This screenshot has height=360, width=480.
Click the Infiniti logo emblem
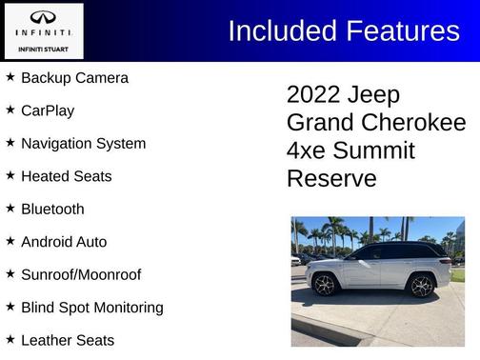click(x=44, y=18)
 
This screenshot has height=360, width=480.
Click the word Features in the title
click(x=400, y=31)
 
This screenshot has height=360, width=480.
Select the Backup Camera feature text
click(x=74, y=78)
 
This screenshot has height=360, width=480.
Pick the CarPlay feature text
click(x=48, y=110)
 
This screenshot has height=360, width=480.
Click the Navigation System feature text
click(x=83, y=144)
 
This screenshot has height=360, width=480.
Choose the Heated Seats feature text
click(x=66, y=176)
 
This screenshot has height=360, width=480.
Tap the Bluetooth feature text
click(x=52, y=209)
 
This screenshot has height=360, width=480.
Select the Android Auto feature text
click(x=64, y=242)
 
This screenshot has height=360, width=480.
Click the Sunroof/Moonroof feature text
click(x=81, y=274)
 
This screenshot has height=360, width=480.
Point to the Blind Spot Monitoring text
click(x=91, y=308)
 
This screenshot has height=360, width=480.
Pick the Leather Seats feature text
click(x=68, y=340)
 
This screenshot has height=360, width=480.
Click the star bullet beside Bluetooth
click(x=10, y=208)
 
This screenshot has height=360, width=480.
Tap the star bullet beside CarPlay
click(x=10, y=110)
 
